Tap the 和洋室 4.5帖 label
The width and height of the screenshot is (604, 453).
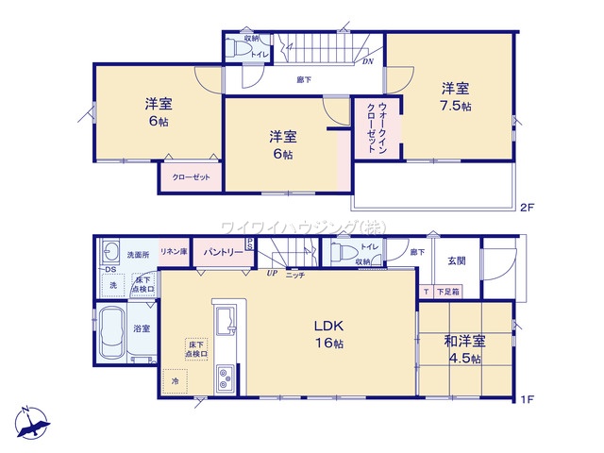[465, 349]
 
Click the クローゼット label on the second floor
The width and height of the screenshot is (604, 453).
[191, 176]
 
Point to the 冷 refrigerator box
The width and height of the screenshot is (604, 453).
[174, 379]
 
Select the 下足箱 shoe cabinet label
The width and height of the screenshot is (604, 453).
[447, 293]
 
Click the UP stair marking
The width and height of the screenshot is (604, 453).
[272, 273]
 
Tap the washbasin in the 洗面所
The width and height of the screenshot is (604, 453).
[112, 251]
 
